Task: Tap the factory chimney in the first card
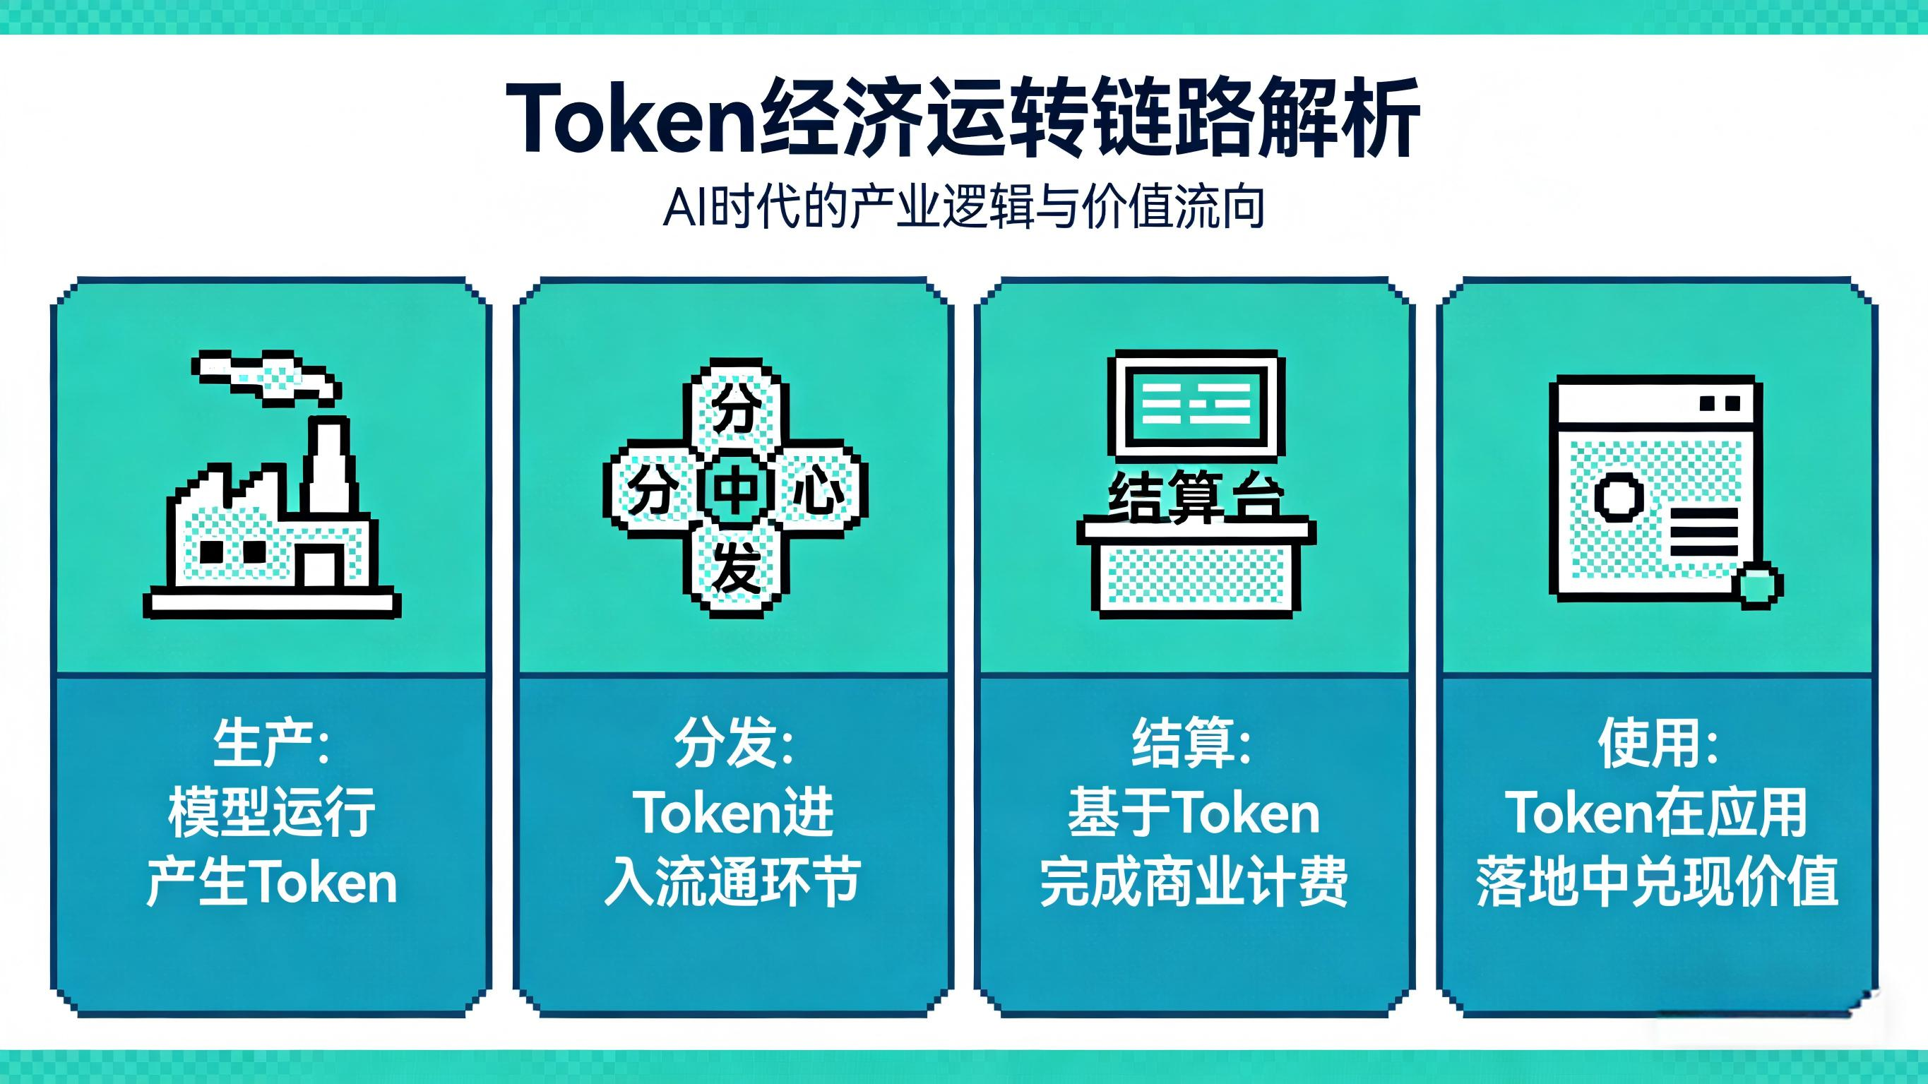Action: click(x=327, y=465)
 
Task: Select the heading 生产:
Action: click(x=272, y=745)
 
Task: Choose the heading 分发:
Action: click(x=734, y=745)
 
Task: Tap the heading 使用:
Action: click(x=1658, y=745)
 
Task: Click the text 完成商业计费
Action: click(x=1193, y=881)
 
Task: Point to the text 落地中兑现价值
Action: click(x=1657, y=881)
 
